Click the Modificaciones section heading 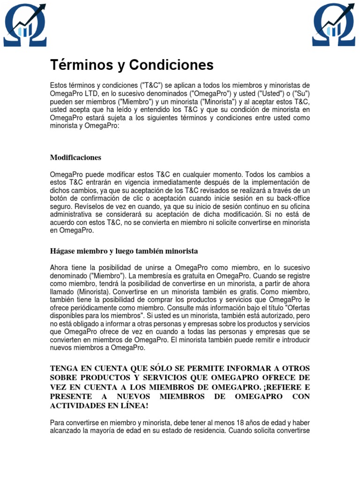(x=75, y=157)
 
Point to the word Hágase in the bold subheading (x=62, y=251)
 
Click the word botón (x=60, y=198)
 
